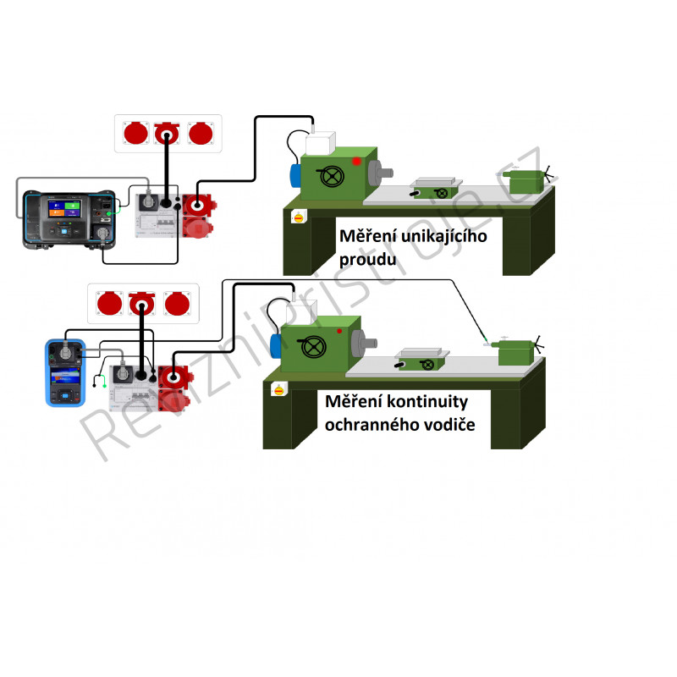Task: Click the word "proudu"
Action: [x=367, y=260]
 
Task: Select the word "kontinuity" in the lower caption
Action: [x=427, y=402]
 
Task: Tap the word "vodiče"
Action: [x=449, y=425]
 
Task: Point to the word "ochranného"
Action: [x=372, y=425]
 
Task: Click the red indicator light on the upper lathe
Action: [x=356, y=161]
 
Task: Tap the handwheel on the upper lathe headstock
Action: [x=332, y=176]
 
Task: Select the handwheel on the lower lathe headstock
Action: [x=313, y=346]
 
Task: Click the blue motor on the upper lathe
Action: [x=295, y=176]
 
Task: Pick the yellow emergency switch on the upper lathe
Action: [x=299, y=217]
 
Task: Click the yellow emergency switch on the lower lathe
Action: [x=279, y=390]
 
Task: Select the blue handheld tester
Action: [x=65, y=373]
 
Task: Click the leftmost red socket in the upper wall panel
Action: [x=136, y=133]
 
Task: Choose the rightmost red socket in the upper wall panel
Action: [x=201, y=133]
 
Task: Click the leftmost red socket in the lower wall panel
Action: [x=110, y=303]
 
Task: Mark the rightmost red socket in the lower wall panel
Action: [x=177, y=303]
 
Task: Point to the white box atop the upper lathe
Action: [x=320, y=143]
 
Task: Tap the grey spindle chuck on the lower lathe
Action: [x=364, y=344]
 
